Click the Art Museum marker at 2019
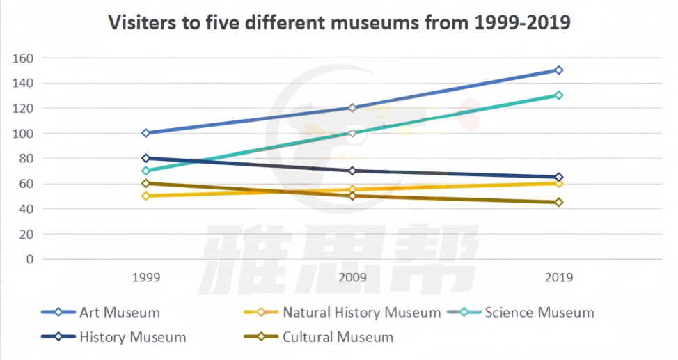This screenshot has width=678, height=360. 558,70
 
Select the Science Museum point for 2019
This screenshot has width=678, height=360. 558,95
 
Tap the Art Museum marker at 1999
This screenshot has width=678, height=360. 146,133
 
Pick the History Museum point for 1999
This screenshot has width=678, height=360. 146,158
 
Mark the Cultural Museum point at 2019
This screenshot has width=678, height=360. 558,203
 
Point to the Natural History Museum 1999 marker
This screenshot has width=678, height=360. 146,196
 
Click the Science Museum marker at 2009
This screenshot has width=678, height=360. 352,133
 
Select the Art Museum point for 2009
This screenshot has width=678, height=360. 352,108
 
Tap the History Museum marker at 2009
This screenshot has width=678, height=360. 352,171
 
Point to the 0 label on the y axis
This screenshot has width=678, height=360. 29,259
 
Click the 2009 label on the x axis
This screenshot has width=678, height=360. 352,277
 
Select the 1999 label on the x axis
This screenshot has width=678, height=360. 146,277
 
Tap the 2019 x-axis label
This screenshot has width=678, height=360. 558,277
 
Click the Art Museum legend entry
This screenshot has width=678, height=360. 119,312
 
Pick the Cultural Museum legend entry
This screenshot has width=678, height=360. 338,337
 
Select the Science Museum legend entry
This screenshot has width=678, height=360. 539,312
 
